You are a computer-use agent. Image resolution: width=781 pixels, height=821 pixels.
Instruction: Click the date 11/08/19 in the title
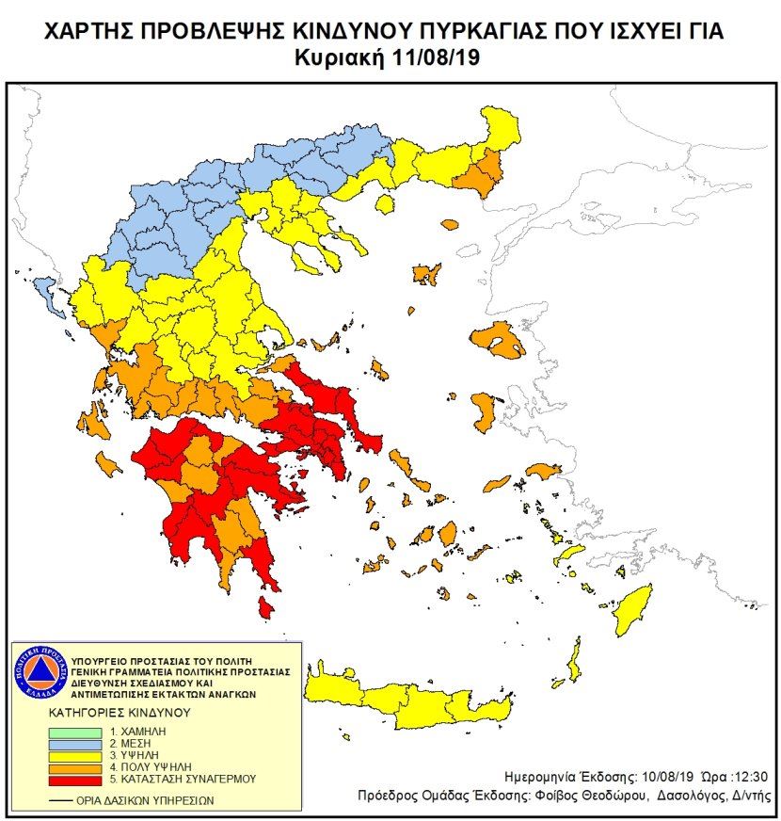[436, 58]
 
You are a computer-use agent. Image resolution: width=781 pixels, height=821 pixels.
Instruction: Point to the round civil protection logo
[40, 673]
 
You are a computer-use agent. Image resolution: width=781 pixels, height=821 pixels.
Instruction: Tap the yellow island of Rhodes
[633, 609]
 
